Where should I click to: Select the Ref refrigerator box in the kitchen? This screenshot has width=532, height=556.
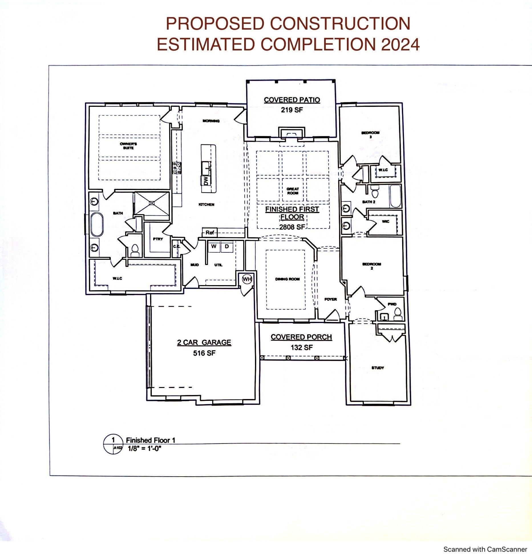[x=210, y=232]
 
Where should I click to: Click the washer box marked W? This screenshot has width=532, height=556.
[x=214, y=246]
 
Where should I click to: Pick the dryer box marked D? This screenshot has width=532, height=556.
[x=227, y=246]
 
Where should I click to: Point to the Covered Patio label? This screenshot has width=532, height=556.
[x=292, y=100]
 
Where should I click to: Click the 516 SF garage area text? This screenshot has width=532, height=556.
[x=204, y=353]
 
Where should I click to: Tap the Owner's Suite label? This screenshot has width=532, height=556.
[x=129, y=146]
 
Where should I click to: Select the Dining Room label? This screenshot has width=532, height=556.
[x=288, y=279]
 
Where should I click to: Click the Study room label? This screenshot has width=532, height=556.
[x=378, y=368]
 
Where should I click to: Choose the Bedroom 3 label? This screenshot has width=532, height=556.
[x=371, y=135]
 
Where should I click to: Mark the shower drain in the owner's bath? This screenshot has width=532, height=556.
[x=153, y=203]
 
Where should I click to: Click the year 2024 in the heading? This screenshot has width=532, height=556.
[x=400, y=44]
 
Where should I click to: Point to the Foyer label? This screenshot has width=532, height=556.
[x=331, y=299]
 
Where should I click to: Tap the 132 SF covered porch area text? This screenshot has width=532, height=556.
[x=302, y=347]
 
